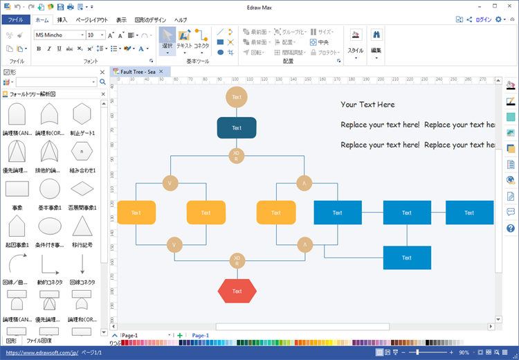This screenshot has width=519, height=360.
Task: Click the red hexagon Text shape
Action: (237, 291)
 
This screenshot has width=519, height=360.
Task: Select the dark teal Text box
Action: (237, 128)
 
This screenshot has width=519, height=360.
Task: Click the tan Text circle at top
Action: (237, 98)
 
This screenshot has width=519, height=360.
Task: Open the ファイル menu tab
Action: (16, 20)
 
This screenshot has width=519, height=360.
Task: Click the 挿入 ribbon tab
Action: (62, 20)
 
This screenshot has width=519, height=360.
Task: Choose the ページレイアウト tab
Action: (91, 20)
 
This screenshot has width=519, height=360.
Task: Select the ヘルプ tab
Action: (181, 20)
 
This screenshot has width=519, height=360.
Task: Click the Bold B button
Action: (38, 49)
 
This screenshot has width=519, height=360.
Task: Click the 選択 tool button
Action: (167, 41)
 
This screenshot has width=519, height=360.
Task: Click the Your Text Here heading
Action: (367, 105)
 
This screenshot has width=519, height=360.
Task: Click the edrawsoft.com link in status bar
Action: (42, 352)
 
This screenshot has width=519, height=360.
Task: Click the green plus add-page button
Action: (180, 335)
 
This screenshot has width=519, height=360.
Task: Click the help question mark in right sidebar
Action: (511, 228)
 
